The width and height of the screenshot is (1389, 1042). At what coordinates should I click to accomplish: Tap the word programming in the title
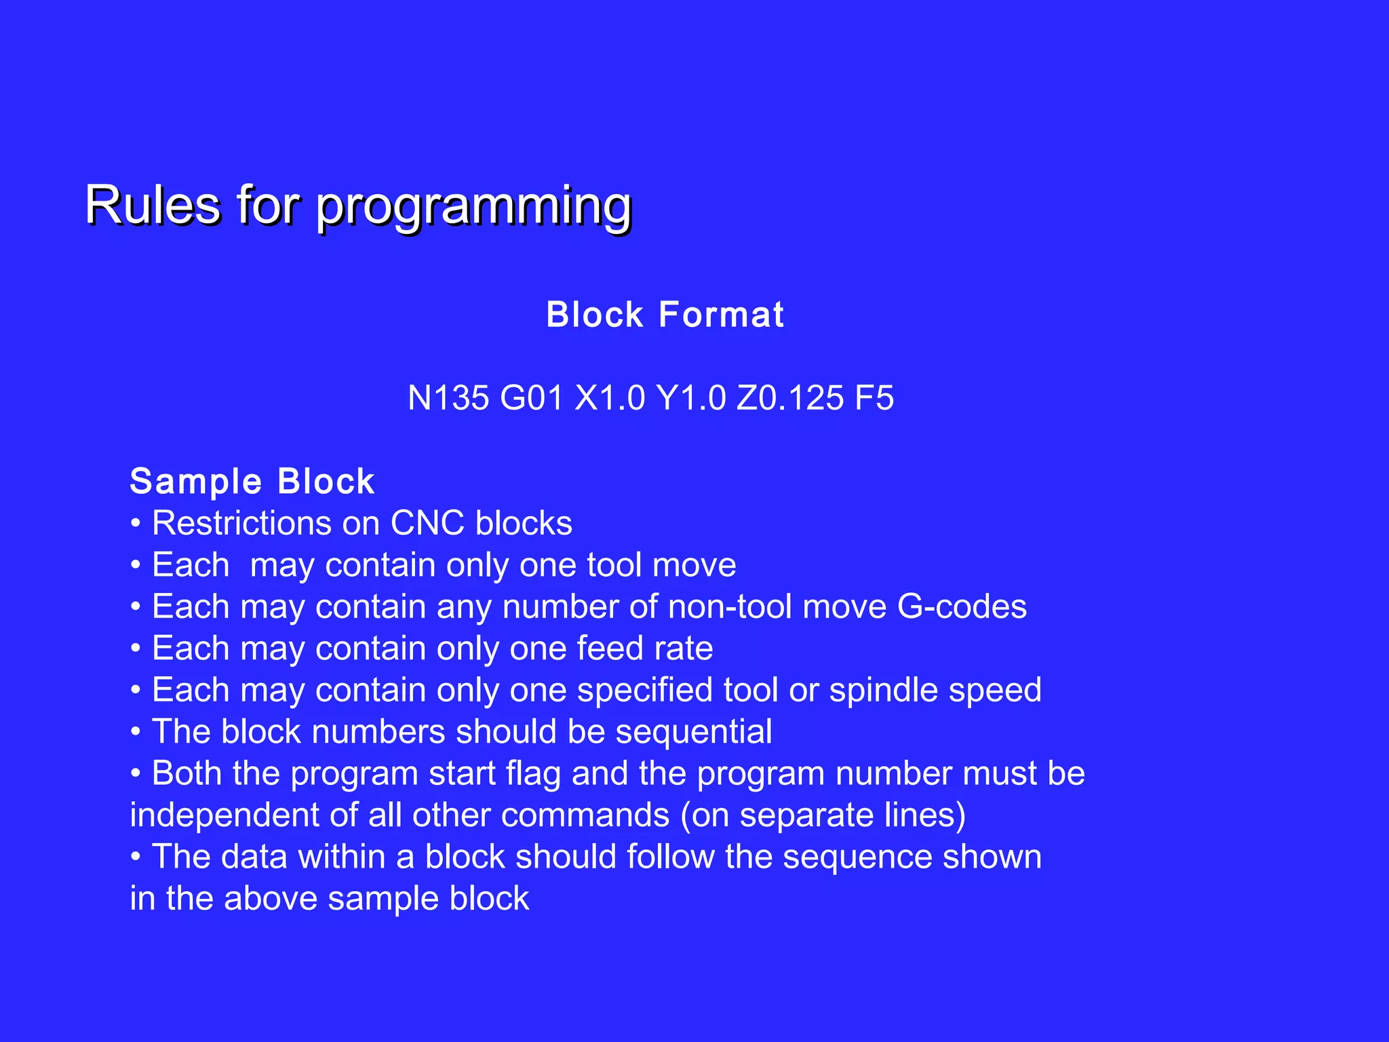(473, 207)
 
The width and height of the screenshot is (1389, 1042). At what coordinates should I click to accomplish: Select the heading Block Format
(665, 315)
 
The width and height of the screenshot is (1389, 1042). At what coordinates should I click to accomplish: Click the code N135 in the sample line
(448, 398)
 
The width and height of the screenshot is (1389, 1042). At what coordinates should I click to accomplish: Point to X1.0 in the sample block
(610, 398)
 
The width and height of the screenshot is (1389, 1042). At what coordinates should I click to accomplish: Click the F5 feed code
(874, 398)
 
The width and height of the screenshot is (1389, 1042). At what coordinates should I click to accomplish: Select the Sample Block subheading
(252, 482)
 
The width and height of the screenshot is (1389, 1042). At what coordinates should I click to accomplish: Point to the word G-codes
(962, 607)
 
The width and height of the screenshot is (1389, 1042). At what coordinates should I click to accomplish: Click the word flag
(534, 774)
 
